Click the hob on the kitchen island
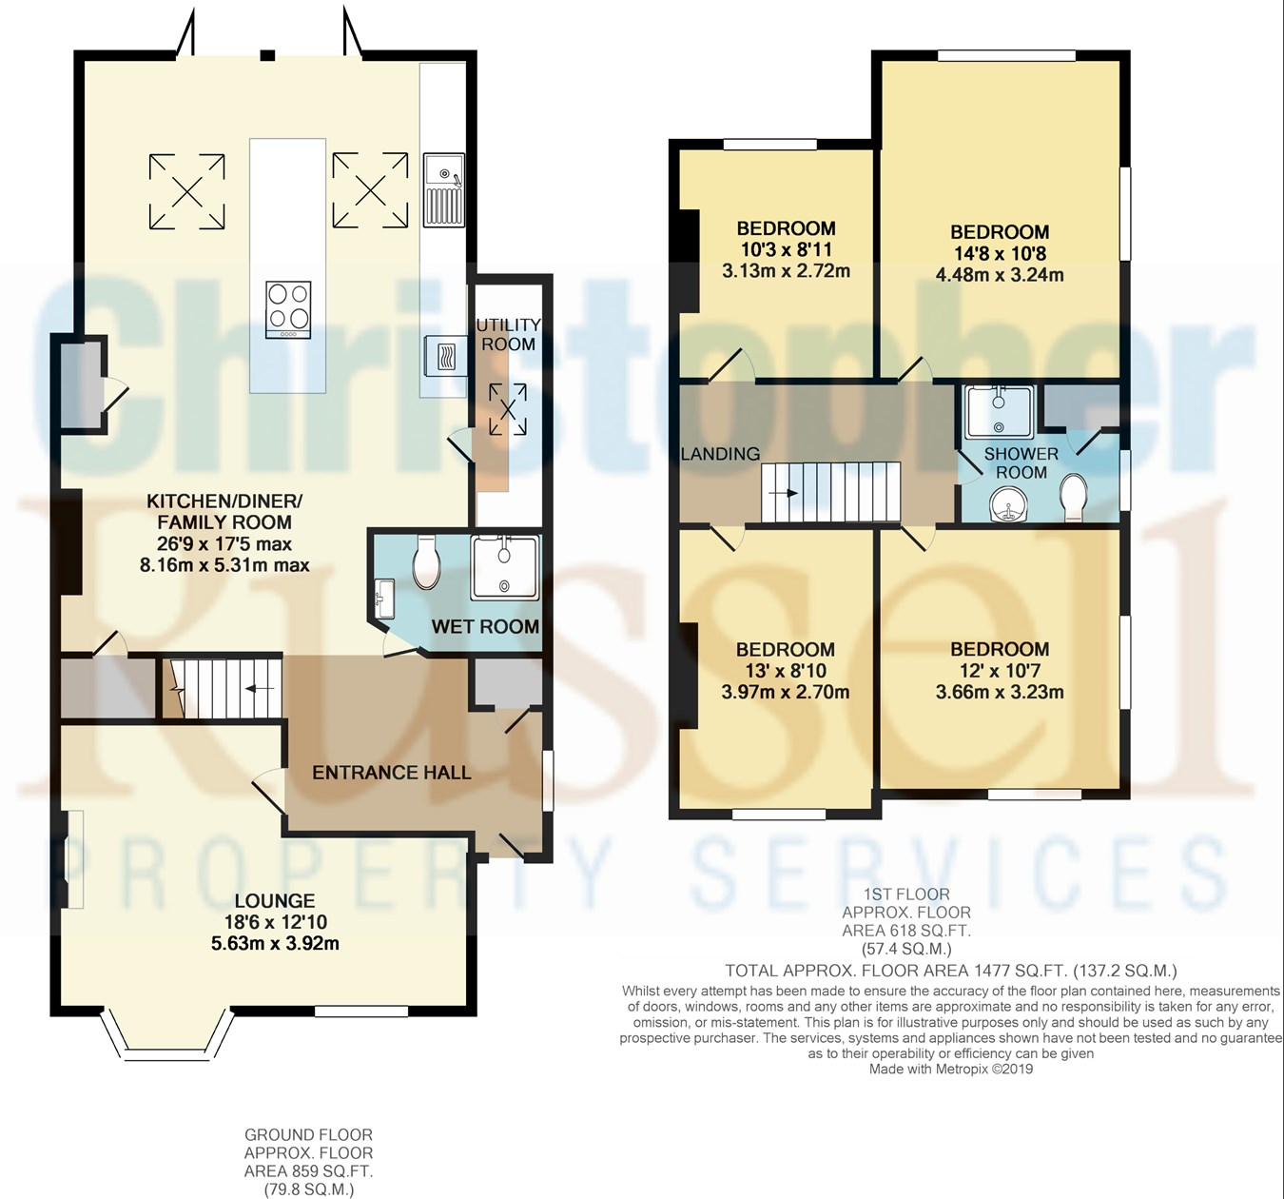click(x=287, y=309)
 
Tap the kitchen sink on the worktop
click(x=443, y=189)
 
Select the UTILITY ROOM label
click(x=508, y=335)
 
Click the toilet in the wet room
click(x=426, y=561)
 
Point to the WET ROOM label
click(x=485, y=626)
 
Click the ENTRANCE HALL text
click(x=391, y=772)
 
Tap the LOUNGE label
click(x=275, y=901)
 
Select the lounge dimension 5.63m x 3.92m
click(x=275, y=943)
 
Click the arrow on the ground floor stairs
click(x=259, y=688)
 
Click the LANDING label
click(x=720, y=454)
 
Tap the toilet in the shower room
click(x=1073, y=497)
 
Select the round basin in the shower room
click(x=1008, y=504)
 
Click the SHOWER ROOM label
click(x=1021, y=463)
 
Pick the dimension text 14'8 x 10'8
click(x=999, y=253)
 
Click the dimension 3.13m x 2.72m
click(x=786, y=270)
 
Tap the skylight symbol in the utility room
click(x=508, y=409)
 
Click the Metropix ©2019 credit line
click(x=950, y=1069)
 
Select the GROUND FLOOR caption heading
click(x=308, y=1135)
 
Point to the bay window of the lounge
click(x=166, y=1037)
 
